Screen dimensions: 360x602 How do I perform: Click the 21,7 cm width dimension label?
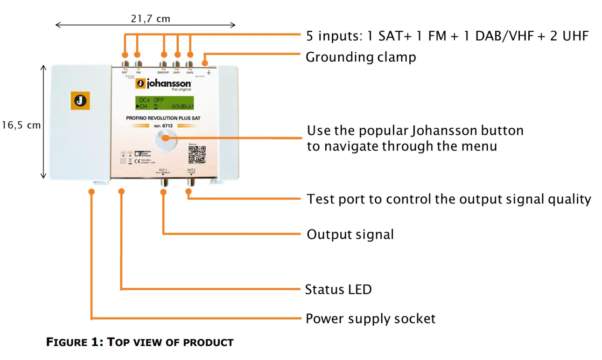click(150, 19)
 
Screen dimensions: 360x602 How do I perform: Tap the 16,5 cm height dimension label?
click(21, 125)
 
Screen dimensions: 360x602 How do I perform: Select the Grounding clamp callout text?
click(360, 57)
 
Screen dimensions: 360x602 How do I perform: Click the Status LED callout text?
click(338, 290)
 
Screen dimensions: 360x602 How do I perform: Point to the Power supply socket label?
click(370, 319)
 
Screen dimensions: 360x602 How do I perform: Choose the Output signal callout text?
click(350, 234)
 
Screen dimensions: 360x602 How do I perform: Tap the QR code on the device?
click(196, 155)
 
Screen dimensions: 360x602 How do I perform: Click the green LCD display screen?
click(164, 103)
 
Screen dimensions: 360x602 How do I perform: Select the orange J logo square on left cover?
click(80, 101)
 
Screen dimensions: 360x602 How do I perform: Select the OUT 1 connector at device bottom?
click(163, 182)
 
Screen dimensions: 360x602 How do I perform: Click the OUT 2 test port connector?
click(190, 182)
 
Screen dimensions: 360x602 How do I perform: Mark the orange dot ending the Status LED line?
click(122, 192)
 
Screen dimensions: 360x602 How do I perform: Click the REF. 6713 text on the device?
click(163, 125)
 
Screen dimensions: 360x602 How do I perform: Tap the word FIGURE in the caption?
click(74, 342)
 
